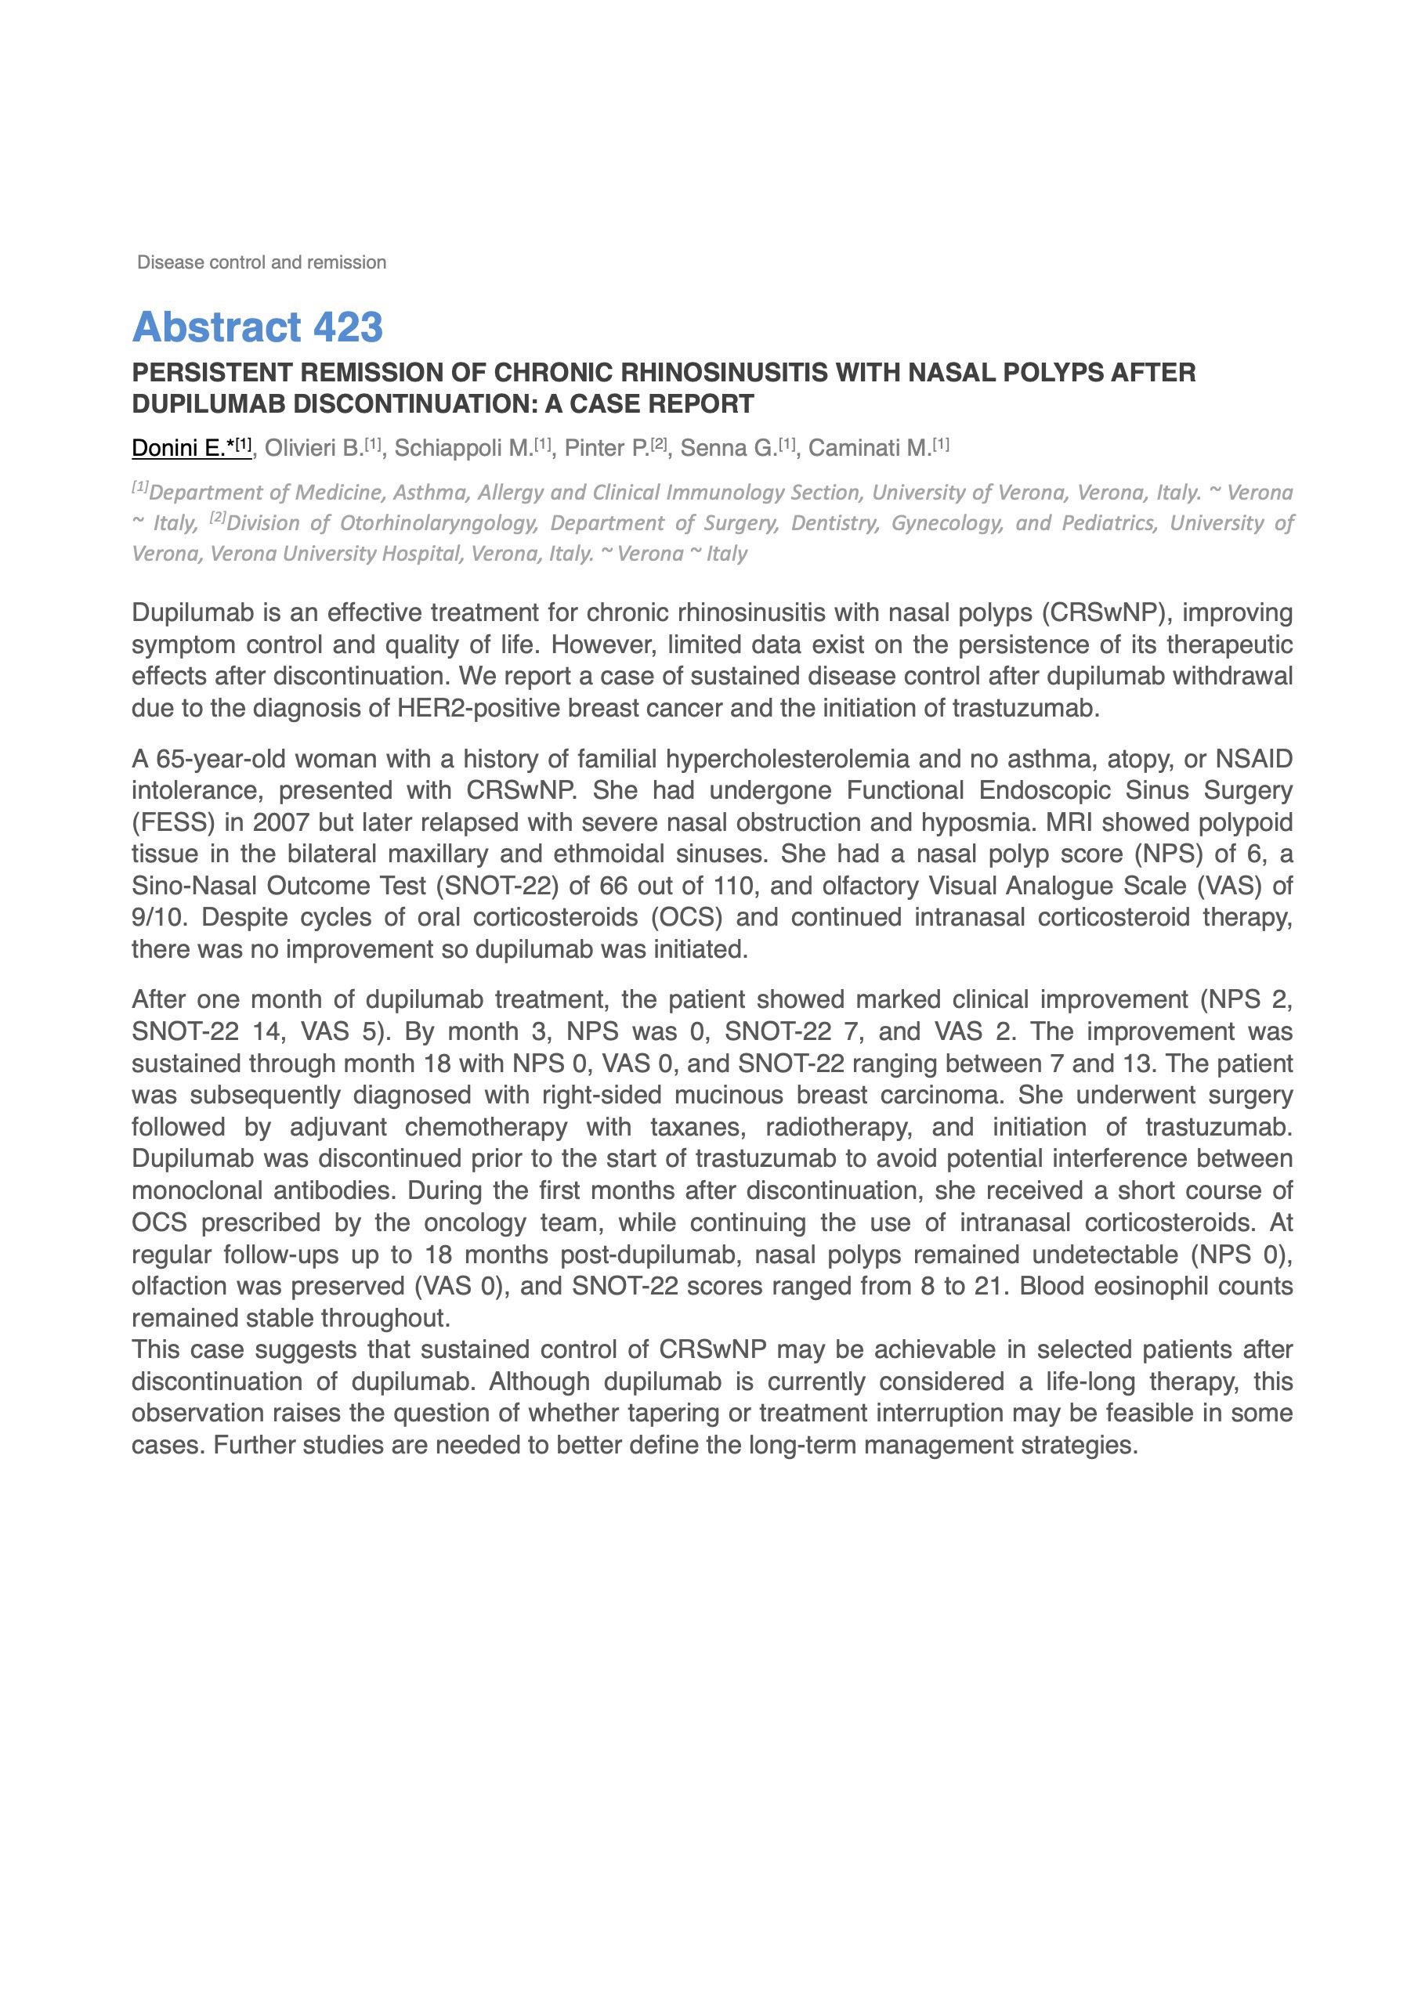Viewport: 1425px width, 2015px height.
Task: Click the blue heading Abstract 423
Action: coord(257,327)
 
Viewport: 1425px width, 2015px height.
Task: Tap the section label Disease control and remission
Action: coord(262,262)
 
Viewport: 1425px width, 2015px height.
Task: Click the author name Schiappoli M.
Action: coord(463,449)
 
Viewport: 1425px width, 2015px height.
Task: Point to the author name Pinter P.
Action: coord(606,449)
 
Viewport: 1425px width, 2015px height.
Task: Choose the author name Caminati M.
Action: coord(870,449)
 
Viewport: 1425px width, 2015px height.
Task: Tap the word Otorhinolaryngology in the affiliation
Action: coord(439,523)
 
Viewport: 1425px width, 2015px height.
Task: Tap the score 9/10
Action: coord(159,918)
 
